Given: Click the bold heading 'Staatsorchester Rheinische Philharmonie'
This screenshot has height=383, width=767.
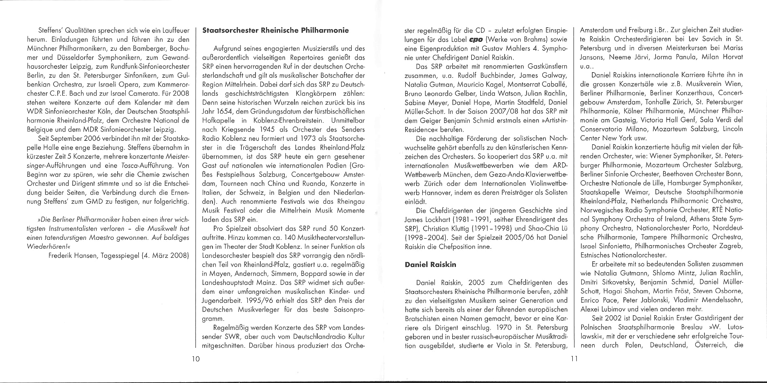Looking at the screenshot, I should point(275,30).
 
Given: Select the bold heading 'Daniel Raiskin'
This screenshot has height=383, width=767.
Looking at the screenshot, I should point(430,265).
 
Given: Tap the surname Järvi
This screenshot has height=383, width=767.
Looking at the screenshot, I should point(639,57).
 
